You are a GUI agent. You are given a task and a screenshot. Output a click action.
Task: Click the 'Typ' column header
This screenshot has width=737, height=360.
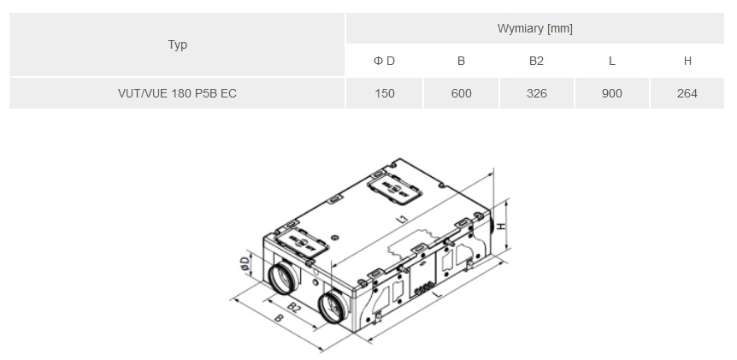(x=177, y=44)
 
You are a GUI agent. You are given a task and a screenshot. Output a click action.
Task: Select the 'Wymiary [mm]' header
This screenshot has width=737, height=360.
(x=534, y=28)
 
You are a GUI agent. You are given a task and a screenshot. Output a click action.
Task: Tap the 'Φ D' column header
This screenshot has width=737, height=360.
(x=385, y=61)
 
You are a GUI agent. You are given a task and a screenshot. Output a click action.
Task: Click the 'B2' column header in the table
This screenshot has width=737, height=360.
(x=536, y=61)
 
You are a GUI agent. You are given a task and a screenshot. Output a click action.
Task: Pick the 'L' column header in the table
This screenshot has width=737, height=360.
(x=611, y=61)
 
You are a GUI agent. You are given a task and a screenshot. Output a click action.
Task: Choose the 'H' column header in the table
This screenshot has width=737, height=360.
(x=687, y=61)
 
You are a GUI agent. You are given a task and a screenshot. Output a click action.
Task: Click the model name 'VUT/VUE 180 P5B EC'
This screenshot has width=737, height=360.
(x=177, y=93)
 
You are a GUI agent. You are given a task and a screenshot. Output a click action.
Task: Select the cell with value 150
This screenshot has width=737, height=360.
(x=385, y=93)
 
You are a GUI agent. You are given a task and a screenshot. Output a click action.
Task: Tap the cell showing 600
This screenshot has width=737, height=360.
(x=461, y=93)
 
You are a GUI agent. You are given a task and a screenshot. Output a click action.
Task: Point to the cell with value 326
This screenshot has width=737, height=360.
(x=536, y=93)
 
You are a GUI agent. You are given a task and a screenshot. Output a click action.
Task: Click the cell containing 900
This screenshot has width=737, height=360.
(x=611, y=93)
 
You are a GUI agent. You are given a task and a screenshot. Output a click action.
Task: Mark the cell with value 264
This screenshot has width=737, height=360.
(x=687, y=93)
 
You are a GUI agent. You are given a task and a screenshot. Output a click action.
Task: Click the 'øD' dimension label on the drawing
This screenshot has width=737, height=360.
(x=245, y=265)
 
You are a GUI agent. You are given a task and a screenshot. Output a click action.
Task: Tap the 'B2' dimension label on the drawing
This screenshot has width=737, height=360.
(x=292, y=305)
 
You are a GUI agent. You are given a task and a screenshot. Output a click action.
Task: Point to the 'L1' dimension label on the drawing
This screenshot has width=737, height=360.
(x=402, y=220)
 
